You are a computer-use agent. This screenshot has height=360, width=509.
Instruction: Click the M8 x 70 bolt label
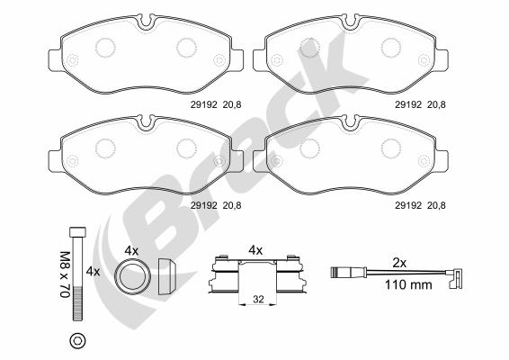pyautogui.click(x=66, y=274)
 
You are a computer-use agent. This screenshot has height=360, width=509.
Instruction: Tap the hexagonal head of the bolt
pyautogui.click(x=78, y=232)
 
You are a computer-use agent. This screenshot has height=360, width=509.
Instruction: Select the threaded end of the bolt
pyautogui.click(x=78, y=304)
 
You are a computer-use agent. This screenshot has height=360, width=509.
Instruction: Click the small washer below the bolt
pyautogui.click(x=78, y=340)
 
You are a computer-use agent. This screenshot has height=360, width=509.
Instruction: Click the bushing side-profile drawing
pyautogui.click(x=167, y=276)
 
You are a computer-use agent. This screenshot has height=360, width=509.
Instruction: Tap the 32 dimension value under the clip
pyautogui.click(x=258, y=299)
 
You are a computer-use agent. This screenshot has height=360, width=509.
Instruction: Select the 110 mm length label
pyautogui.click(x=408, y=285)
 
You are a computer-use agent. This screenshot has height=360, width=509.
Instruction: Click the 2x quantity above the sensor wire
pyautogui.click(x=399, y=263)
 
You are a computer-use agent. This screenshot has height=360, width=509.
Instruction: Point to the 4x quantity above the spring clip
pyautogui.click(x=255, y=250)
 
